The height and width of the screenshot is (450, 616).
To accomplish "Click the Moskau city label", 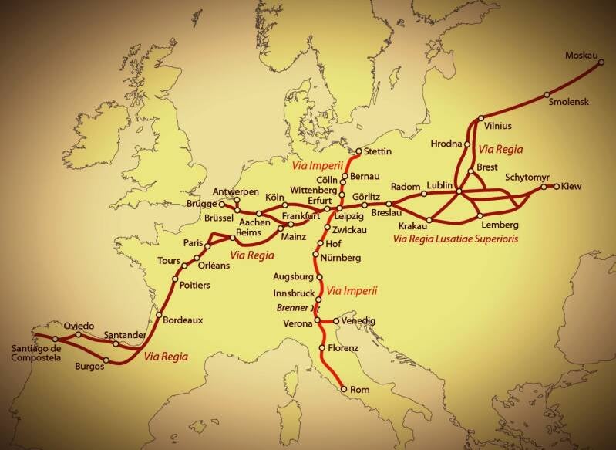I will click(581, 55).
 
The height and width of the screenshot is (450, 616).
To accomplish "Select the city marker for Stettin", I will click(358, 151).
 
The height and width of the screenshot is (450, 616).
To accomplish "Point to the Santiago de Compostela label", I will click(35, 354).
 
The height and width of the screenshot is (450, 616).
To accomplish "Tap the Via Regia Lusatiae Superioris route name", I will click(455, 239).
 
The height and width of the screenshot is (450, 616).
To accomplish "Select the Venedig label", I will click(358, 320).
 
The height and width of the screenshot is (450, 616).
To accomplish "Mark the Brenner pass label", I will click(292, 306).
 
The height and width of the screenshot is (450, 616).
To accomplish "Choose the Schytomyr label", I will click(528, 177).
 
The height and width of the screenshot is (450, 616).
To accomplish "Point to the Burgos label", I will click(89, 367).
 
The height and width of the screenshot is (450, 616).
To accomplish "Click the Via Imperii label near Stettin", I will click(315, 164).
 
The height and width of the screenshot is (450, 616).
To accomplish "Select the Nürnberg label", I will click(341, 257).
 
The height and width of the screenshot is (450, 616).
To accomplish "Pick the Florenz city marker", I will click(321, 349).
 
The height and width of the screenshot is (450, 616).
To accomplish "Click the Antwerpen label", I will click(235, 191).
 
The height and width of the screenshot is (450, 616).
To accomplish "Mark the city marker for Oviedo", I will click(78, 334).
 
